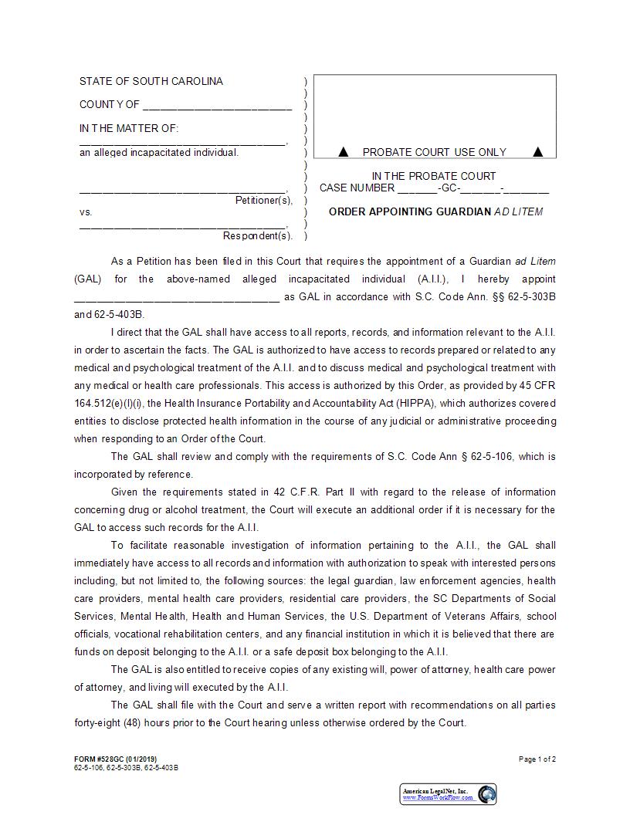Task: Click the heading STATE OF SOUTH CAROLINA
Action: pos(151,82)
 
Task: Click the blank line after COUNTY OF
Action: pos(217,106)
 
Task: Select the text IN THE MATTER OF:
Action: pos(129,129)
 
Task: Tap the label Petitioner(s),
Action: pos(264,201)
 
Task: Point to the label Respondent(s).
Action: pos(258,235)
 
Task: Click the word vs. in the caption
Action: pos(86,212)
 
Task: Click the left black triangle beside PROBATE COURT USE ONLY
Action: pos(344,152)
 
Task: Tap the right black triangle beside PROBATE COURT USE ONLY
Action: pos(538,152)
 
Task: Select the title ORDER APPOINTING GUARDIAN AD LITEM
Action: pos(435,211)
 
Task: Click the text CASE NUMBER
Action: pos(357,188)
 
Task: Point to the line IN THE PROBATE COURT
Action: pos(434,176)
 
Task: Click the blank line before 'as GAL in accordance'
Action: pos(177,297)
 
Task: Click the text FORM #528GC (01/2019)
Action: pos(115,759)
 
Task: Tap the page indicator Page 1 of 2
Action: pos(537,759)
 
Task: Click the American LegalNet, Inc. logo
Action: pos(449,794)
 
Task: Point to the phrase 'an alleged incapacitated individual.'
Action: pos(159,153)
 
